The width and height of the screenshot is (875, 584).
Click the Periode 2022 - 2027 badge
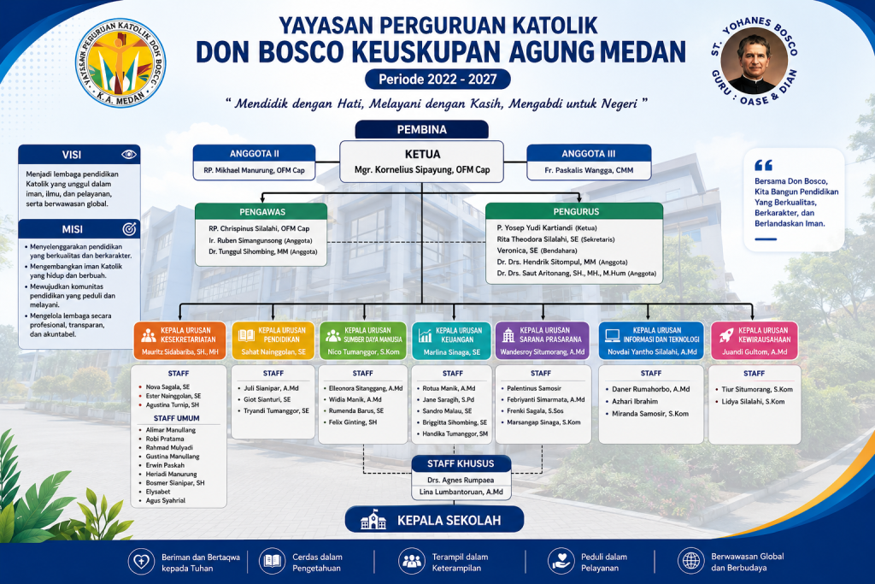437,80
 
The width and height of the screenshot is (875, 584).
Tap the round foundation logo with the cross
120,62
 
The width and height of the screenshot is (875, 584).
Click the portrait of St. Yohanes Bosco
754,61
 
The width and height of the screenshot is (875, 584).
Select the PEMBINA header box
422,129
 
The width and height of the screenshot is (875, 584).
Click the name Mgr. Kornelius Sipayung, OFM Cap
422,170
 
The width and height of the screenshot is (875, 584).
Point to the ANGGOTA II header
255,154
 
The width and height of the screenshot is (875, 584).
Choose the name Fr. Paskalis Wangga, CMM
589,170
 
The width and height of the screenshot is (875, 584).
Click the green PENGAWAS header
261,211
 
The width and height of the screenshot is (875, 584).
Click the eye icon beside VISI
129,154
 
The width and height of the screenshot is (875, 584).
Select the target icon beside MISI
129,229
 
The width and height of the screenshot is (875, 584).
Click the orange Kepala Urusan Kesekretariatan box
179,340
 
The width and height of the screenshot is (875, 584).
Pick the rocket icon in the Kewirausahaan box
726,334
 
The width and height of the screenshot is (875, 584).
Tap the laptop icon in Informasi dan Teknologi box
613,335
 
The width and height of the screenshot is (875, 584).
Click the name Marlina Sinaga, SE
451,352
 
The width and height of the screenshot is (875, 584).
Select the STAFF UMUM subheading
176,418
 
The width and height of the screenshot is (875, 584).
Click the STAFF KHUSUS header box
461,463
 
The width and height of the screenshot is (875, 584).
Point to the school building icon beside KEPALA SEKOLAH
373,520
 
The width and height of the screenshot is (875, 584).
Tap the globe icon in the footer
690,561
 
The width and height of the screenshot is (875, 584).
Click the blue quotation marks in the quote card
763,165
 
